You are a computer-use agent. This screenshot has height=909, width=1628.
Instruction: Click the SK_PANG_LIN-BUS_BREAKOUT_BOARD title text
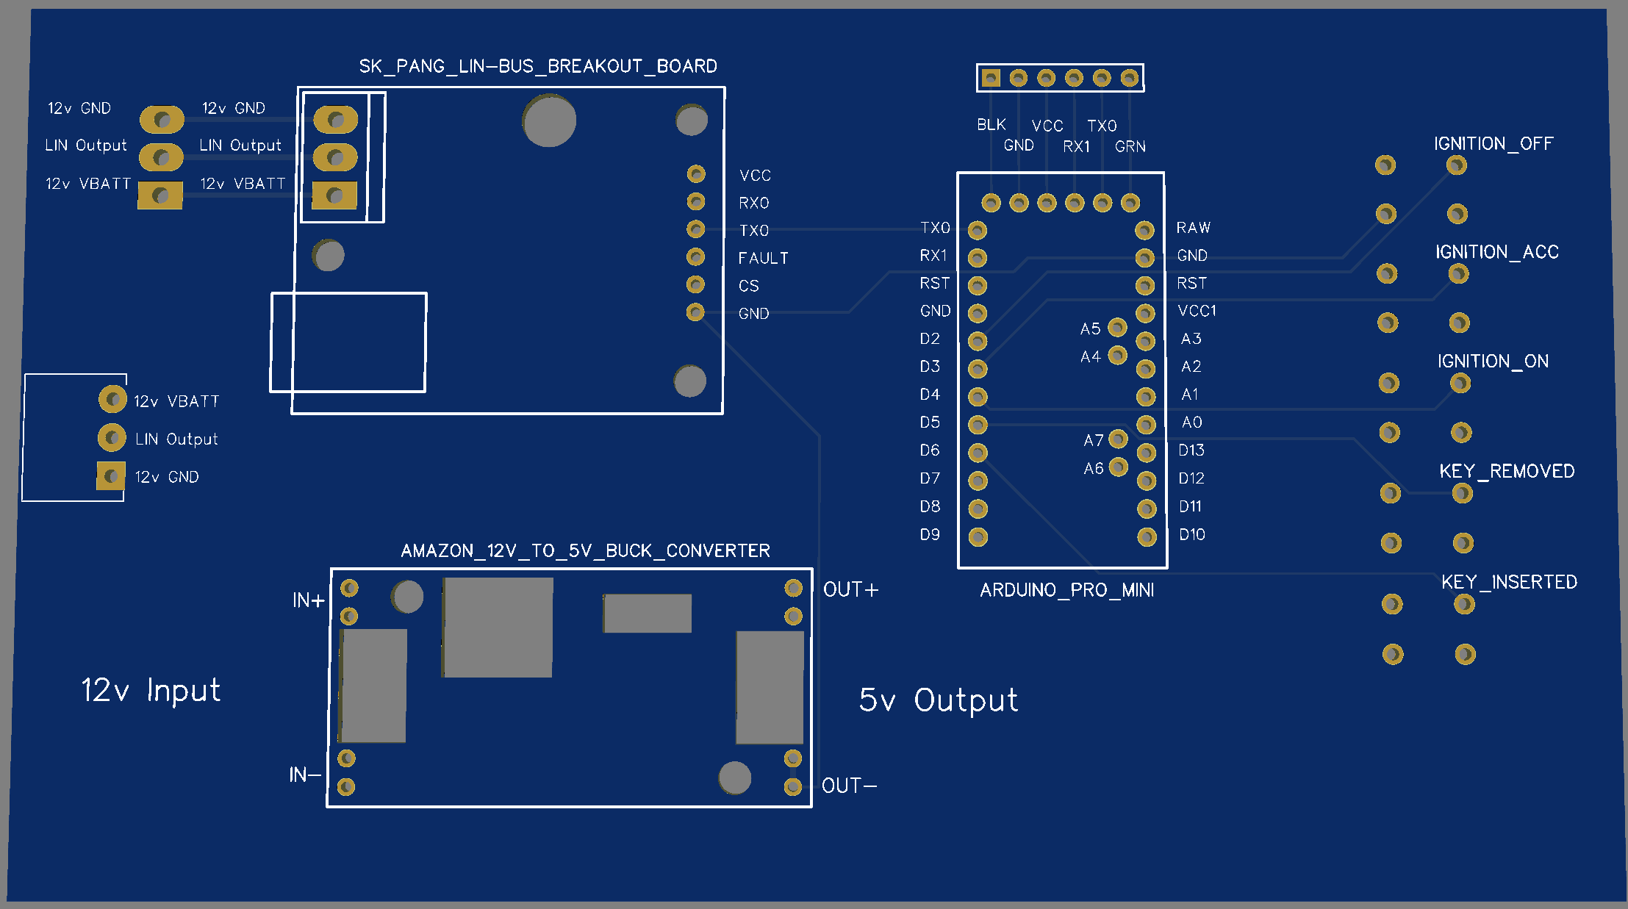coord(538,66)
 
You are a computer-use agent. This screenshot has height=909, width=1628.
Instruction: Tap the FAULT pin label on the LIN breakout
coord(763,258)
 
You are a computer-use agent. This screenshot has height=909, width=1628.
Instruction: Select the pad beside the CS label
coord(695,284)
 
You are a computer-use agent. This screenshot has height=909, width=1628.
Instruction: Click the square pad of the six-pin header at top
coord(991,78)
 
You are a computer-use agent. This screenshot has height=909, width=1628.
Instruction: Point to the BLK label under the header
coord(991,125)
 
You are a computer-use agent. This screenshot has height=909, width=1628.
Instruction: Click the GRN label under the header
coord(1130,146)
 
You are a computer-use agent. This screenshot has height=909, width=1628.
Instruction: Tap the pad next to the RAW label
coord(1144,230)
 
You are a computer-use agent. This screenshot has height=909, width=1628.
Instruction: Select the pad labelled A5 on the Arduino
coord(1117,327)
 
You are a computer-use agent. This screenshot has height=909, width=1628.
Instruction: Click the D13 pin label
coord(1191,450)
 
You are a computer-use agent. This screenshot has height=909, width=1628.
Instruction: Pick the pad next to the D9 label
coord(978,536)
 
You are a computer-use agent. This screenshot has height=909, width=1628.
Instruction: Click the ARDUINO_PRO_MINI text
coord(1066,590)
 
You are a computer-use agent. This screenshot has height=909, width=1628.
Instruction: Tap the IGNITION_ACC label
coord(1496,252)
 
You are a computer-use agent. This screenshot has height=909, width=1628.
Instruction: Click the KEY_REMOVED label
coord(1506,471)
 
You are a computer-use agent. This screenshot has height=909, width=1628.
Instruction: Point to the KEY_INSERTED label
coord(1509,582)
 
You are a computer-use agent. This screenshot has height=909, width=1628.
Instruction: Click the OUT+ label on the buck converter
coord(850,589)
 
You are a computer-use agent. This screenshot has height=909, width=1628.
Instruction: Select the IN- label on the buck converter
coord(304,775)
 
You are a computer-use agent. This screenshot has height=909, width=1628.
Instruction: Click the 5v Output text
coord(938,700)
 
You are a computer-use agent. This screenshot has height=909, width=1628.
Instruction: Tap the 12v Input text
coord(151,690)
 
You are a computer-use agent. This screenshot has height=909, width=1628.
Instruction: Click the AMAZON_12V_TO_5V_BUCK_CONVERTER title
coord(585,550)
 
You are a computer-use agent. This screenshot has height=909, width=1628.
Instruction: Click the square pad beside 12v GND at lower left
coord(111,476)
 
